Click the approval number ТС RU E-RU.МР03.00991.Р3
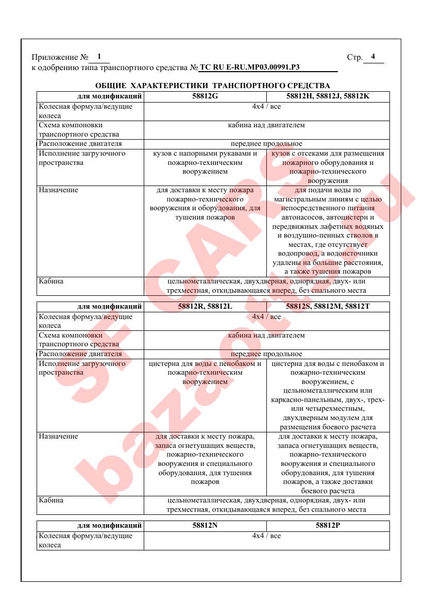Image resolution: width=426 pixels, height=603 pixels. [249, 67]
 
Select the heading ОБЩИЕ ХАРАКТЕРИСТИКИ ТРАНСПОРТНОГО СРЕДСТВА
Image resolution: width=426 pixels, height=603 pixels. [213, 85]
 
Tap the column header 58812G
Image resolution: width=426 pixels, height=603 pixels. [205, 96]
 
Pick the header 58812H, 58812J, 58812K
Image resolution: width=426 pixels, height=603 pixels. [328, 96]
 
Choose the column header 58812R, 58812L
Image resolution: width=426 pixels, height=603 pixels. [205, 307]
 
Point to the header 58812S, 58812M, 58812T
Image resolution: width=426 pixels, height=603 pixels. [328, 307]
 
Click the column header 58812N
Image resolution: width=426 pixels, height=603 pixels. [205, 526]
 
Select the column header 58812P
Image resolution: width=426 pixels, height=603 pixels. [328, 526]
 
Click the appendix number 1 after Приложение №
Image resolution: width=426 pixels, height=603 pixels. [99, 56]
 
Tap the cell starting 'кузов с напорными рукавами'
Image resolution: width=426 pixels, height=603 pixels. [205, 162]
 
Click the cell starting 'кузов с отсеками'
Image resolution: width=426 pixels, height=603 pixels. [328, 167]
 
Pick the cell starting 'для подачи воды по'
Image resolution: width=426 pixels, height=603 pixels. [328, 231]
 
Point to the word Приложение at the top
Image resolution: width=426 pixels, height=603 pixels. [52, 57]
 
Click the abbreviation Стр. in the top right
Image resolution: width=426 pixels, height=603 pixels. [355, 57]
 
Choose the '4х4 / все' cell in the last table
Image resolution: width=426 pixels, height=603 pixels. [266, 536]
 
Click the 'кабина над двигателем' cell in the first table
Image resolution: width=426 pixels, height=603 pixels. [266, 125]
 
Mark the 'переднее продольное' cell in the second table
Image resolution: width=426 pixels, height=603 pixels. [266, 354]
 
